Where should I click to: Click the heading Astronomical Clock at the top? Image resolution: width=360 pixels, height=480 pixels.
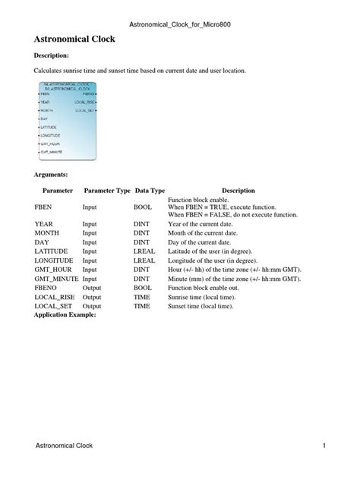(74, 37)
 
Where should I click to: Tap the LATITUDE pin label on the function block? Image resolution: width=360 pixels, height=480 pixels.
(49, 127)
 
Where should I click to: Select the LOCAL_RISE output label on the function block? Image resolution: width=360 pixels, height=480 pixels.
(84, 101)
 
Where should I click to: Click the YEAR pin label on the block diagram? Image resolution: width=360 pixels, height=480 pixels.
(45, 101)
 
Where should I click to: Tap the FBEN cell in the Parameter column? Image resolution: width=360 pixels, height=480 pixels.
(43, 207)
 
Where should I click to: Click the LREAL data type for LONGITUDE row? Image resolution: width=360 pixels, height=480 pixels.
(144, 260)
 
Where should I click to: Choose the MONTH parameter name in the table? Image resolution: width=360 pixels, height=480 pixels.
(47, 232)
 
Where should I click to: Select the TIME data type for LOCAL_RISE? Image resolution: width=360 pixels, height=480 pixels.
(141, 296)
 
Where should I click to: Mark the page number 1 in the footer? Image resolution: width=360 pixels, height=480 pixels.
(323, 445)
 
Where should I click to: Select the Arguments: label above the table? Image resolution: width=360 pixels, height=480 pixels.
(52, 174)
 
